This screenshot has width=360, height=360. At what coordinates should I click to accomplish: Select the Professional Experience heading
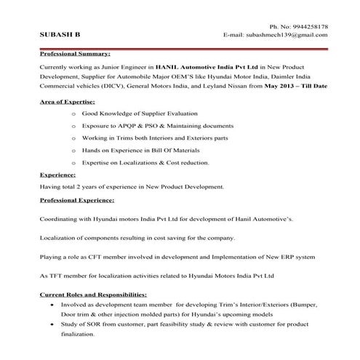(x=76, y=199)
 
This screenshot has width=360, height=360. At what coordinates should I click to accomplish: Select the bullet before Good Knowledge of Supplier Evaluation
(x=75, y=115)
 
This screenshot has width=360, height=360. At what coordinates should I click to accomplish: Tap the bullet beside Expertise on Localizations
(x=75, y=162)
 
